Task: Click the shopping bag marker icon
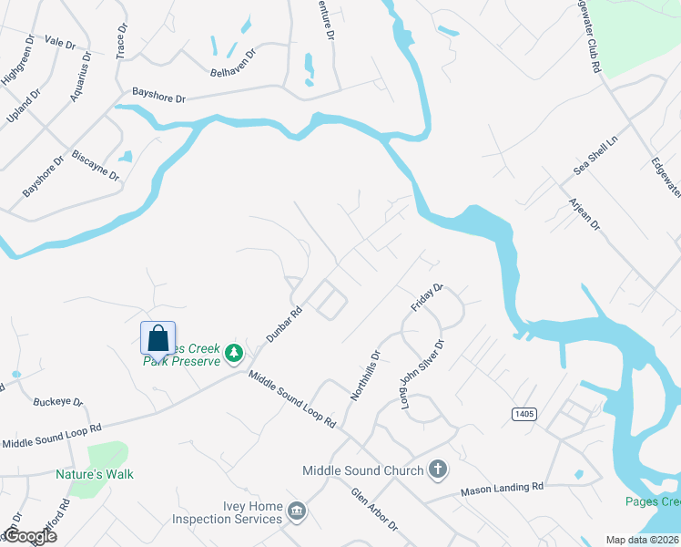pos(158,337)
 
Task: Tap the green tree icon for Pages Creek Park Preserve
pos(234,351)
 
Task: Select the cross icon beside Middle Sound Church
pos(437,470)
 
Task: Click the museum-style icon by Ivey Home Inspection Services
pos(296,512)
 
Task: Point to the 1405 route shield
pos(523,413)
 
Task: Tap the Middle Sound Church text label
pos(363,470)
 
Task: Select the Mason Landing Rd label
pos(502,488)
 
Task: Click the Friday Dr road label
pos(426,297)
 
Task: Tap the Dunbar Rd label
pos(283,324)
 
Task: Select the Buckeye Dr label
pos(57,401)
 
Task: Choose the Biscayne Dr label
pos(96,164)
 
